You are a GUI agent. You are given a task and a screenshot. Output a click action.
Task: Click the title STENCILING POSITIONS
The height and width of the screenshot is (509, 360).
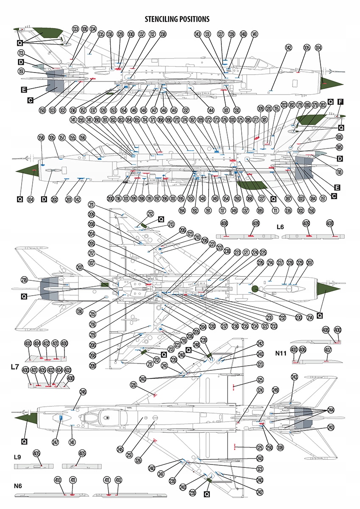[x=177, y=19]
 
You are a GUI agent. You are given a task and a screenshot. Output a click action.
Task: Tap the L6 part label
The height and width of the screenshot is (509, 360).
[x=280, y=227]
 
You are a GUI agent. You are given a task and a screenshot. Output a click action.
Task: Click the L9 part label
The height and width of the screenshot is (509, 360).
[x=17, y=457]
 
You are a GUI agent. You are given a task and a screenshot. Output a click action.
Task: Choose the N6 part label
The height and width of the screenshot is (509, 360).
[x=17, y=486]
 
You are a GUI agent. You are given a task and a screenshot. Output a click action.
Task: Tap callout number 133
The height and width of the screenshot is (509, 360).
[x=75, y=29]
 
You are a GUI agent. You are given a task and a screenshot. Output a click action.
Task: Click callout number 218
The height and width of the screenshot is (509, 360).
[x=25, y=280]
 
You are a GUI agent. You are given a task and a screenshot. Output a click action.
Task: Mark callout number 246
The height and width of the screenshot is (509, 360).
[x=83, y=392]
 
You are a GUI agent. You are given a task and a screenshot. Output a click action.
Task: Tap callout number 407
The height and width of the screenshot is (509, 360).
[x=328, y=350]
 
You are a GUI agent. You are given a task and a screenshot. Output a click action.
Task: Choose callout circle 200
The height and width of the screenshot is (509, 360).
[x=110, y=198]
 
